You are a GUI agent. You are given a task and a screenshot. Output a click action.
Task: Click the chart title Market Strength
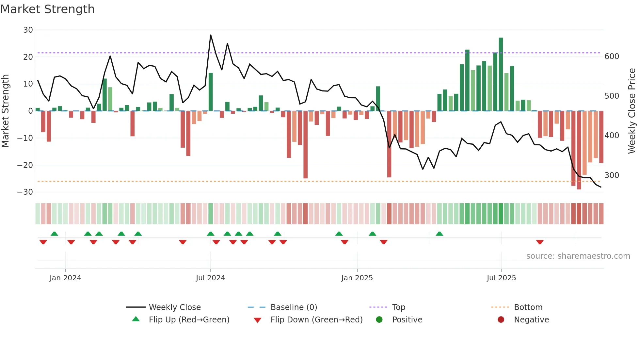tap(47, 9)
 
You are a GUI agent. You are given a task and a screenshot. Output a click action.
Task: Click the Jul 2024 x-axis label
tap(210, 278)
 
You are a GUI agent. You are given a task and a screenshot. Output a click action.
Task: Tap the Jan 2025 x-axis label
tap(357, 278)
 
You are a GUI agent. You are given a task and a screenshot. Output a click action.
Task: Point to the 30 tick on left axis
tap(28, 30)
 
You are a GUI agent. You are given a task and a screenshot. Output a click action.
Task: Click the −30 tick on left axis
tap(25, 192)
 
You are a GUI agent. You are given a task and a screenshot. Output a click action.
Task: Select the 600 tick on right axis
tap(612, 57)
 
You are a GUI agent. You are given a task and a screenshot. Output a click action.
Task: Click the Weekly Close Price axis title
tap(632, 111)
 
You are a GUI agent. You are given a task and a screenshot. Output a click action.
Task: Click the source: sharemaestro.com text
tap(578, 256)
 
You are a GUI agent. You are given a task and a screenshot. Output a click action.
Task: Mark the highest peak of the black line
tap(211, 35)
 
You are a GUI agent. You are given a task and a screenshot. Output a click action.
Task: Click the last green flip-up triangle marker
tap(439, 234)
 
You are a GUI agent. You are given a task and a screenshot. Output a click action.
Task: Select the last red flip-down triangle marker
tap(540, 242)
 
